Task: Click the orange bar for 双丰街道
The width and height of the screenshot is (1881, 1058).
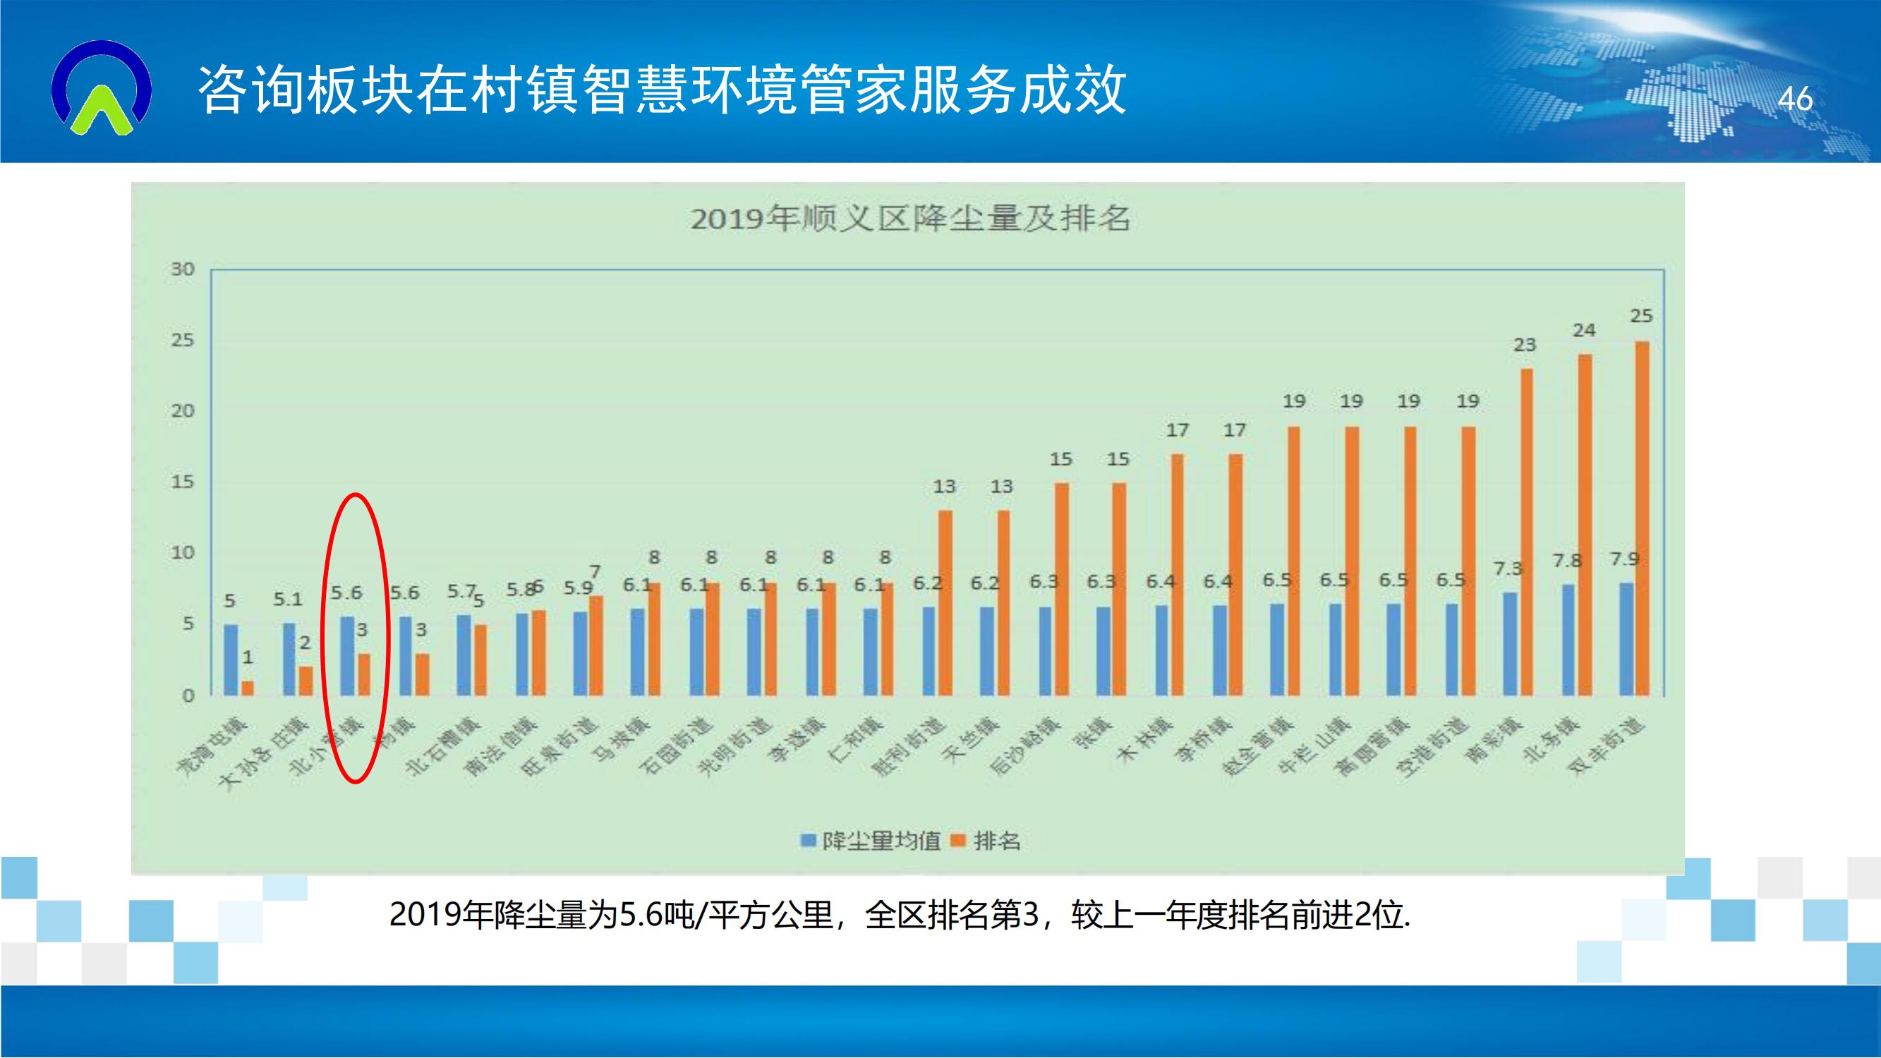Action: [x=1642, y=518]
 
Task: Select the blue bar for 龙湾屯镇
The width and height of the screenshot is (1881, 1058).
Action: [x=231, y=659]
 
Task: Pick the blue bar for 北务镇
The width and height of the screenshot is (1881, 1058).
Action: [x=1568, y=640]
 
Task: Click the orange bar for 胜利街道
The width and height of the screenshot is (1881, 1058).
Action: [x=945, y=602]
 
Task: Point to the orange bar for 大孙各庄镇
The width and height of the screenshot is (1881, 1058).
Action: [x=306, y=681]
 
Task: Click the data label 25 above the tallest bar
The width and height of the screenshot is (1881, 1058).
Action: [x=1641, y=316]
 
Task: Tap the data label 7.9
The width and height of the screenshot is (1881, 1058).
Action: [x=1625, y=559]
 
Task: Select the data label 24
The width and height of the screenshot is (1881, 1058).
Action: [x=1584, y=331]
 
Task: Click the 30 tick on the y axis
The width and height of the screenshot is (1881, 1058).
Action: [x=183, y=269]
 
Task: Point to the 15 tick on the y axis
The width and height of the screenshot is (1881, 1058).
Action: [x=183, y=482]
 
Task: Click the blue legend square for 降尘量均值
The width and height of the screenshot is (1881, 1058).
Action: [x=808, y=841]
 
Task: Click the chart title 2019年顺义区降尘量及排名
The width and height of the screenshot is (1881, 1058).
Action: [x=910, y=219]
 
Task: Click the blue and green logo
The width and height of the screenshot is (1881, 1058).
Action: [x=102, y=88]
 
